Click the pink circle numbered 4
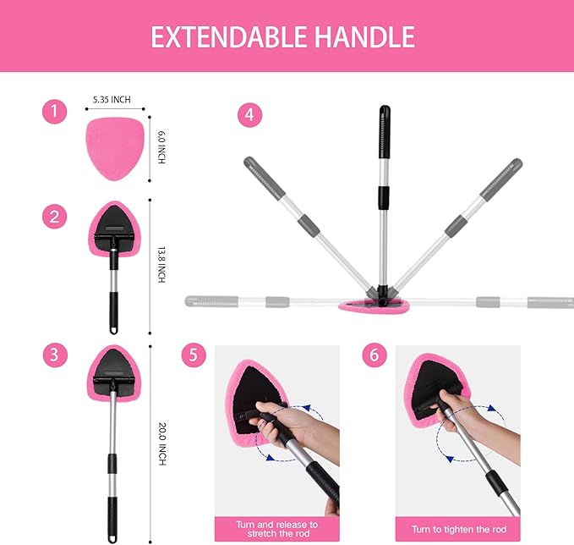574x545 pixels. pos(249,115)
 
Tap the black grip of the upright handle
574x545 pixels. pos(384,123)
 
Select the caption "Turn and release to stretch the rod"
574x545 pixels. pos(276,529)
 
